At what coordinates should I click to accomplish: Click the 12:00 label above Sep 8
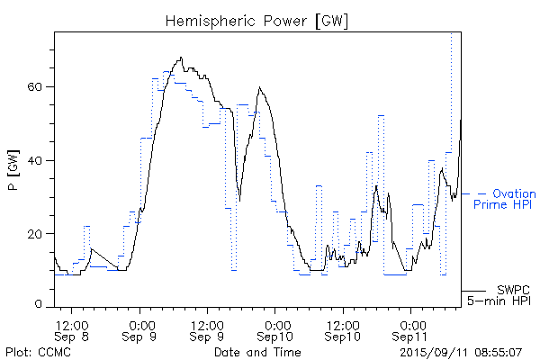pyautogui.click(x=71, y=324)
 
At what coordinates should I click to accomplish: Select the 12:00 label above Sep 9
pyautogui.click(x=208, y=324)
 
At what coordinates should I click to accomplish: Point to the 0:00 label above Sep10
pyautogui.click(x=276, y=324)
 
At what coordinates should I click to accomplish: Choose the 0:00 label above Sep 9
pyautogui.click(x=140, y=324)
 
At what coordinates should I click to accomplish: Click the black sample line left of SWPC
pyautogui.click(x=474, y=291)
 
